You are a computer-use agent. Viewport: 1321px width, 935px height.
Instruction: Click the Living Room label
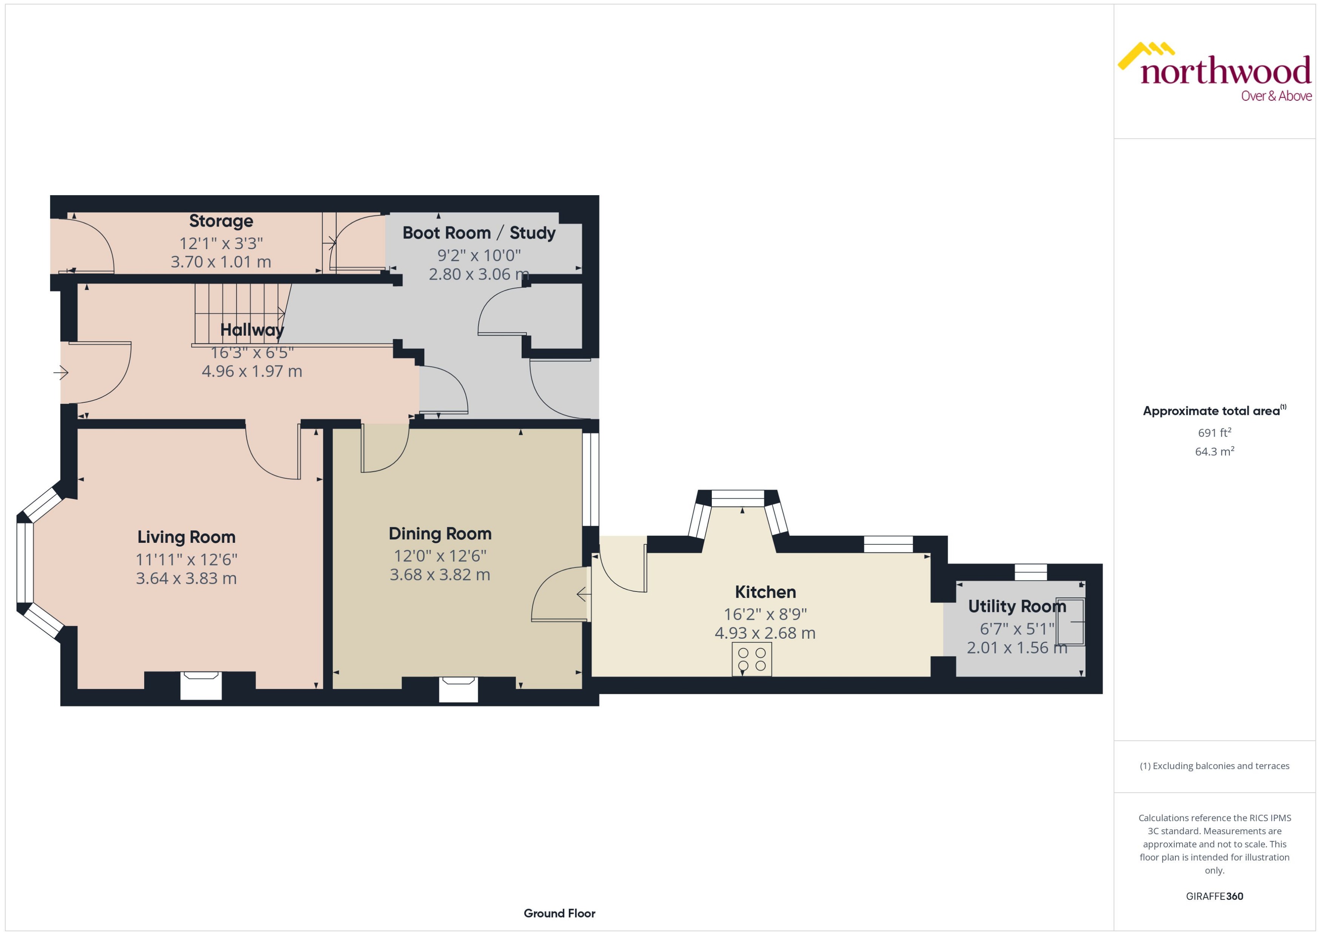pyautogui.click(x=186, y=537)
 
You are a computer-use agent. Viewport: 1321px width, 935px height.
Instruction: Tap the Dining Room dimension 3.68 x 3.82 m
pyautogui.click(x=440, y=575)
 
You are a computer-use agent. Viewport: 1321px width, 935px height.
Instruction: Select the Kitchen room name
pyautogui.click(x=765, y=592)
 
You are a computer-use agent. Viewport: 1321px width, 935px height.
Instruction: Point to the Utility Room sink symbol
pyautogui.click(x=1070, y=622)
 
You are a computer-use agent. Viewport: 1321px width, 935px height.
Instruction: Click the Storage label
pyautogui.click(x=221, y=221)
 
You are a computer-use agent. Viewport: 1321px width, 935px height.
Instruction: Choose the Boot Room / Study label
pyautogui.click(x=479, y=233)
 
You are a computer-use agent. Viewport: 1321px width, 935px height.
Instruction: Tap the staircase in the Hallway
pyautogui.click(x=239, y=314)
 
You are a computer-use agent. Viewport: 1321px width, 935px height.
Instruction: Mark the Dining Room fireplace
pyautogui.click(x=458, y=689)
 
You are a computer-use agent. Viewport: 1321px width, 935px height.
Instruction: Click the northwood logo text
pyautogui.click(x=1226, y=72)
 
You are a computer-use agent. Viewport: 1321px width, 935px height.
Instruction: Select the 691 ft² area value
pyautogui.click(x=1215, y=432)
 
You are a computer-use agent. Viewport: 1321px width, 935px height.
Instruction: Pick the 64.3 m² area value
pyautogui.click(x=1215, y=451)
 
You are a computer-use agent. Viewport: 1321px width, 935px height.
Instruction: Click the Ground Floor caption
pyautogui.click(x=559, y=913)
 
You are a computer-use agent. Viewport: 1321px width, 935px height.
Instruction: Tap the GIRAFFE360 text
pyautogui.click(x=1215, y=896)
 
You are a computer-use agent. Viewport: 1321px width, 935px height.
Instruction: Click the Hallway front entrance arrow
pyautogui.click(x=61, y=373)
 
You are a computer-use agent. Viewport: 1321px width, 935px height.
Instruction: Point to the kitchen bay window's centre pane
pyautogui.click(x=737, y=498)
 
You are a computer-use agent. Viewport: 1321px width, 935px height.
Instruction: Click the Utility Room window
pyautogui.click(x=1030, y=572)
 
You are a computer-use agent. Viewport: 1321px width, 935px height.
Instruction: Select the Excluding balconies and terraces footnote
pyautogui.click(x=1215, y=766)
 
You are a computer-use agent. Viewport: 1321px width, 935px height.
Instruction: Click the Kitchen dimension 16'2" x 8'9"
pyautogui.click(x=765, y=614)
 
